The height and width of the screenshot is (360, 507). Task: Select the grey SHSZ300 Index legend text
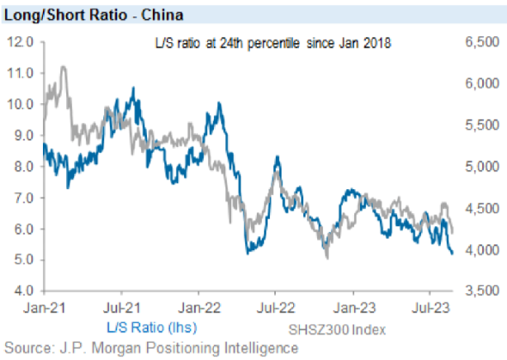tap(339, 329)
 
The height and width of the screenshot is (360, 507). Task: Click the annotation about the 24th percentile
tap(272, 44)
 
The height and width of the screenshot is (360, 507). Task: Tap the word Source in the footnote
tap(25, 348)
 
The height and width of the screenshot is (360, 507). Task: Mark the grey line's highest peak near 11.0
tap(64, 67)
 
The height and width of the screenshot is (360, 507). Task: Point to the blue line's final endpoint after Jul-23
tap(452, 253)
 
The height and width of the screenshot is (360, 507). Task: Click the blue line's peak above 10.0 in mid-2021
tap(134, 88)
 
